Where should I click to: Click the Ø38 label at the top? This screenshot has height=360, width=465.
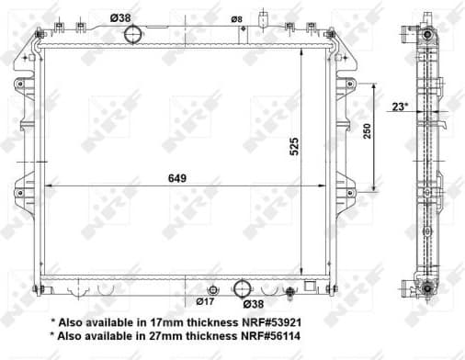pyautogui.click(x=119, y=17)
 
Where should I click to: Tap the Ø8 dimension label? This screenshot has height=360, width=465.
pyautogui.click(x=236, y=19)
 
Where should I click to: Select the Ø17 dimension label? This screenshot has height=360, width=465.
pyautogui.click(x=206, y=301)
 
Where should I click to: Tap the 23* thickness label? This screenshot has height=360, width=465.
pyautogui.click(x=400, y=107)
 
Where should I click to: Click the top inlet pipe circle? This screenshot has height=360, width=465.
pyautogui.click(x=134, y=35)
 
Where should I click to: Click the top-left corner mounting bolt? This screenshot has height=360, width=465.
pyautogui.click(x=39, y=34)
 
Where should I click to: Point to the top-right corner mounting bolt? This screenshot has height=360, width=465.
pyautogui.click(x=331, y=34)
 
